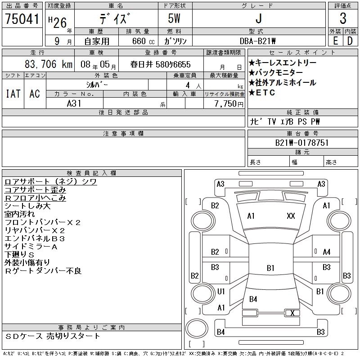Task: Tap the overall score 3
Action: coord(343,19)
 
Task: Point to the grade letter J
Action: coord(258,19)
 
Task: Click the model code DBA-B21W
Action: coord(258,41)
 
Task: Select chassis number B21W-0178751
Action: coord(302,143)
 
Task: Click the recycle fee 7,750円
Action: coord(229,104)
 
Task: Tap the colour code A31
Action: coord(74,103)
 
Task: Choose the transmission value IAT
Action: coord(13,94)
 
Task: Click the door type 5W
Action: coord(175,19)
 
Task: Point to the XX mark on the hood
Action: coord(291,216)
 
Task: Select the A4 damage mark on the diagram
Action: coord(327,252)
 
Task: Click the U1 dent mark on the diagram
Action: coord(221,292)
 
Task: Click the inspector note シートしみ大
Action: coord(27,206)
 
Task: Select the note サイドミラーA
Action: coord(31,247)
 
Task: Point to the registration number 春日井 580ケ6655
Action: coord(161,64)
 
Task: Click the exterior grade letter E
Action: coord(335,41)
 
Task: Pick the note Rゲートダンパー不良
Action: coord(43,271)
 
